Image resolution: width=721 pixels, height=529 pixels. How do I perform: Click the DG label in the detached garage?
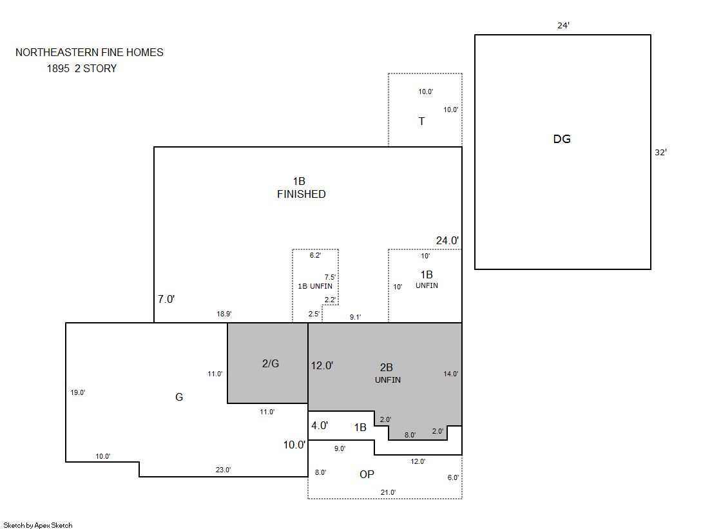click(561, 139)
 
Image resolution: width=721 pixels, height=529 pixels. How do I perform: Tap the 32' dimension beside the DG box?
click(660, 152)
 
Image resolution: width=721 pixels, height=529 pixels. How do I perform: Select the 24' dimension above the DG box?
click(563, 25)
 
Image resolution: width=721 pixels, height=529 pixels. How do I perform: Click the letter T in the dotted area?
click(421, 121)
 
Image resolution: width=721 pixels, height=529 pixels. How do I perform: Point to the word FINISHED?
click(301, 194)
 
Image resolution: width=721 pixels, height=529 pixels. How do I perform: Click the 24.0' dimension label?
click(447, 240)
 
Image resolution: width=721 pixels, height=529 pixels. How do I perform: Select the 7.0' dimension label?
click(166, 299)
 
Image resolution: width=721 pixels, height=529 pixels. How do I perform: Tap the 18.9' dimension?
click(224, 314)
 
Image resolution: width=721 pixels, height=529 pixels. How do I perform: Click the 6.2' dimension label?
click(315, 255)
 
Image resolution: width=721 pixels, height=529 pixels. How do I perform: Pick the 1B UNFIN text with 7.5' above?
click(315, 286)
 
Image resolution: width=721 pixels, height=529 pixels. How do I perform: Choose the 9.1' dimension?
click(355, 317)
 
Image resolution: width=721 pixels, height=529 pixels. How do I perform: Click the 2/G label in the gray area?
click(271, 363)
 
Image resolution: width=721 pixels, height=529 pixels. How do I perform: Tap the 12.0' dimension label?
click(322, 365)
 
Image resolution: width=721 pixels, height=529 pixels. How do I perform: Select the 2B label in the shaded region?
click(386, 367)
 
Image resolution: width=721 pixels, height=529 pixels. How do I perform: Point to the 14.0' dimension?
click(450, 374)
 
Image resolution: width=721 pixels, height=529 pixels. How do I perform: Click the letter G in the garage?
click(179, 397)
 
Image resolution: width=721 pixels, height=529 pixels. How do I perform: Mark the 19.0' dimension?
click(78, 392)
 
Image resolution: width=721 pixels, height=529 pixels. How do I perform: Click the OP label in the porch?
click(367, 474)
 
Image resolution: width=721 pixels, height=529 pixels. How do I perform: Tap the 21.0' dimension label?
click(388, 492)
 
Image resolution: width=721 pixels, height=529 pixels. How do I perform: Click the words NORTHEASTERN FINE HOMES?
click(89, 52)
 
